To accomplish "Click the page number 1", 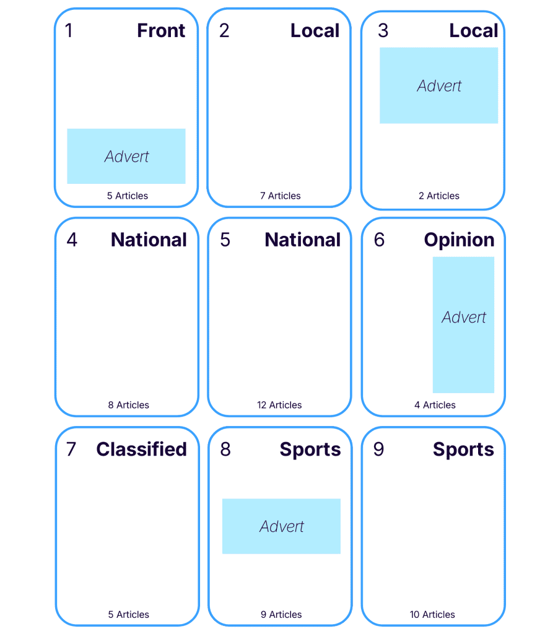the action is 69,31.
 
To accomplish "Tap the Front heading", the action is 161,31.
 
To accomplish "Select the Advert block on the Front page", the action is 126,156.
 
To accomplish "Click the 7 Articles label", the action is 280,196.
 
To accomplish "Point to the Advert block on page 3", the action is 438,85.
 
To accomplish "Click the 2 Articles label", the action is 438,196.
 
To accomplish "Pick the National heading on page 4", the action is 149,240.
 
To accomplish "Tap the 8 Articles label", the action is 128,405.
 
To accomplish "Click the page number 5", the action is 225,240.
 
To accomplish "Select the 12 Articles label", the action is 279,405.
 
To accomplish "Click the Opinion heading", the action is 459,240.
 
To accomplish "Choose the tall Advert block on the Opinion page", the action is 463,324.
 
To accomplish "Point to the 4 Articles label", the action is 435,405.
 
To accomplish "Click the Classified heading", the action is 142,449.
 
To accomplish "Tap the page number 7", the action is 71,449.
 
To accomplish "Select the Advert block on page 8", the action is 281,526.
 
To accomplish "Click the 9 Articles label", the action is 281,615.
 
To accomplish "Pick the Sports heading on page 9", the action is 463,449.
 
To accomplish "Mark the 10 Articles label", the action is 432,615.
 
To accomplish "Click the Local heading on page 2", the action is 315,31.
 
